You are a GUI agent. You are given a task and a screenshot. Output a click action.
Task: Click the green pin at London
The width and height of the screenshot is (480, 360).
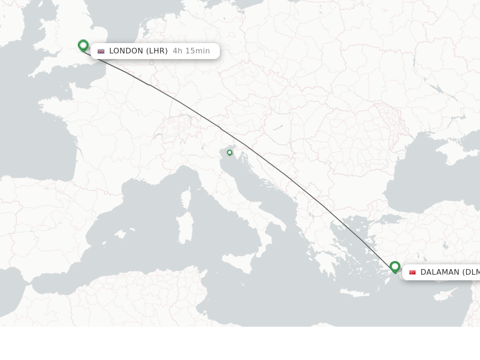pos(83,45)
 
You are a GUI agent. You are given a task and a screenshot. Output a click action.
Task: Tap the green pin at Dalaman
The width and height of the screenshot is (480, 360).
pos(395,267)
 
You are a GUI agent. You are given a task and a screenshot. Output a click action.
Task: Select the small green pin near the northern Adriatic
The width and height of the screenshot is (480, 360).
pos(230,152)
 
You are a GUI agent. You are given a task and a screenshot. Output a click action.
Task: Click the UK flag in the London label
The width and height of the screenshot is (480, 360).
pos(101,51)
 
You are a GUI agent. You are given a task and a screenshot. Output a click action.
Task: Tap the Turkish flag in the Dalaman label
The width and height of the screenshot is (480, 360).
pos(412,272)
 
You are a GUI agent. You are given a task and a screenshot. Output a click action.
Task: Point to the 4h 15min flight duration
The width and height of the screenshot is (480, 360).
pos(191,51)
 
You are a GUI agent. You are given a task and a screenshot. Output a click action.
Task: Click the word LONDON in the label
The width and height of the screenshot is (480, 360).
pos(126,51)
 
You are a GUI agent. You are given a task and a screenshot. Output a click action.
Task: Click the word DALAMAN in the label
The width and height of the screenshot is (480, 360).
pos(440,272)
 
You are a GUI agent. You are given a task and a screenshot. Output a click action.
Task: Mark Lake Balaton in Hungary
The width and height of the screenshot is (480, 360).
pos(277,127)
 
